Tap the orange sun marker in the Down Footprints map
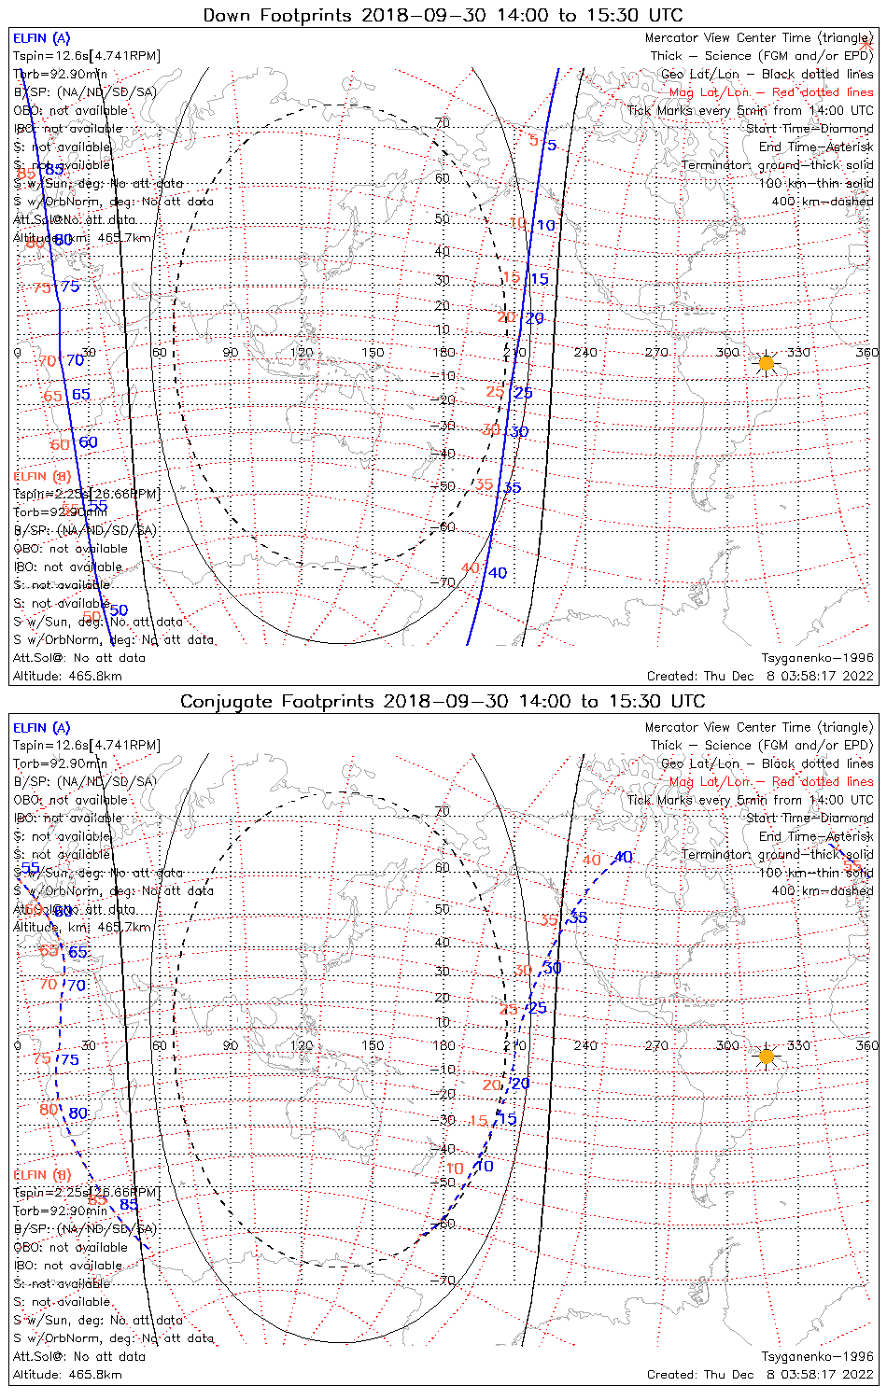click(x=767, y=362)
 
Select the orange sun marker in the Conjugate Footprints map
click(x=767, y=1057)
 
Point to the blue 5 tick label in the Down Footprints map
click(x=552, y=146)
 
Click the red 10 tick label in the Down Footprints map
click(x=518, y=223)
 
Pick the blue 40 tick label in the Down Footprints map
click(x=498, y=573)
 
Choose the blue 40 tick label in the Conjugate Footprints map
click(x=623, y=858)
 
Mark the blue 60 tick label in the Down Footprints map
click(x=88, y=442)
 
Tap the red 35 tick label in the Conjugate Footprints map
click(x=549, y=921)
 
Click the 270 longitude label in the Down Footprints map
click(x=656, y=353)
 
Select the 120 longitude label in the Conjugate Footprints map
click(x=302, y=1045)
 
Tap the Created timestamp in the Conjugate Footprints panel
click(x=760, y=1375)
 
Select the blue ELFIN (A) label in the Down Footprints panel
click(x=41, y=38)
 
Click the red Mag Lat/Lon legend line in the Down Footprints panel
click(x=771, y=92)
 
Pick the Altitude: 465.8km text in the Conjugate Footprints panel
click(x=67, y=1375)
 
